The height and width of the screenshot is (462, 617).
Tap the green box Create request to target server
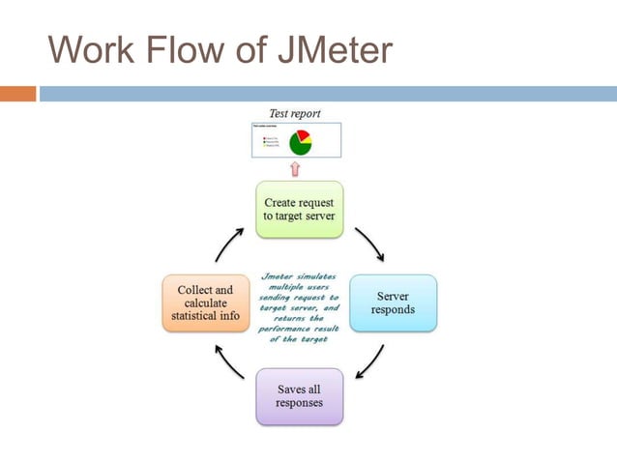[299, 209]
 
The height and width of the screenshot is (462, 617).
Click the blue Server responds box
[393, 303]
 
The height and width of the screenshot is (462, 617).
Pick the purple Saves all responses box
[299, 396]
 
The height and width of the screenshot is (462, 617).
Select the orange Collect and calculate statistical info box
[205, 303]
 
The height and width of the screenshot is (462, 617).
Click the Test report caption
[295, 113]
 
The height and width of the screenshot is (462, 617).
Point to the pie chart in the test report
[300, 141]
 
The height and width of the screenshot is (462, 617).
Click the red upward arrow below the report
[296, 169]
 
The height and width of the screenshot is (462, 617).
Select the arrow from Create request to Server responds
[369, 245]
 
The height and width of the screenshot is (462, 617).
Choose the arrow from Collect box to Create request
[228, 245]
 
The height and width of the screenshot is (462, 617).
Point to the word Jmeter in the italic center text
[279, 275]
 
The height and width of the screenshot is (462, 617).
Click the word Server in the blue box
[393, 296]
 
